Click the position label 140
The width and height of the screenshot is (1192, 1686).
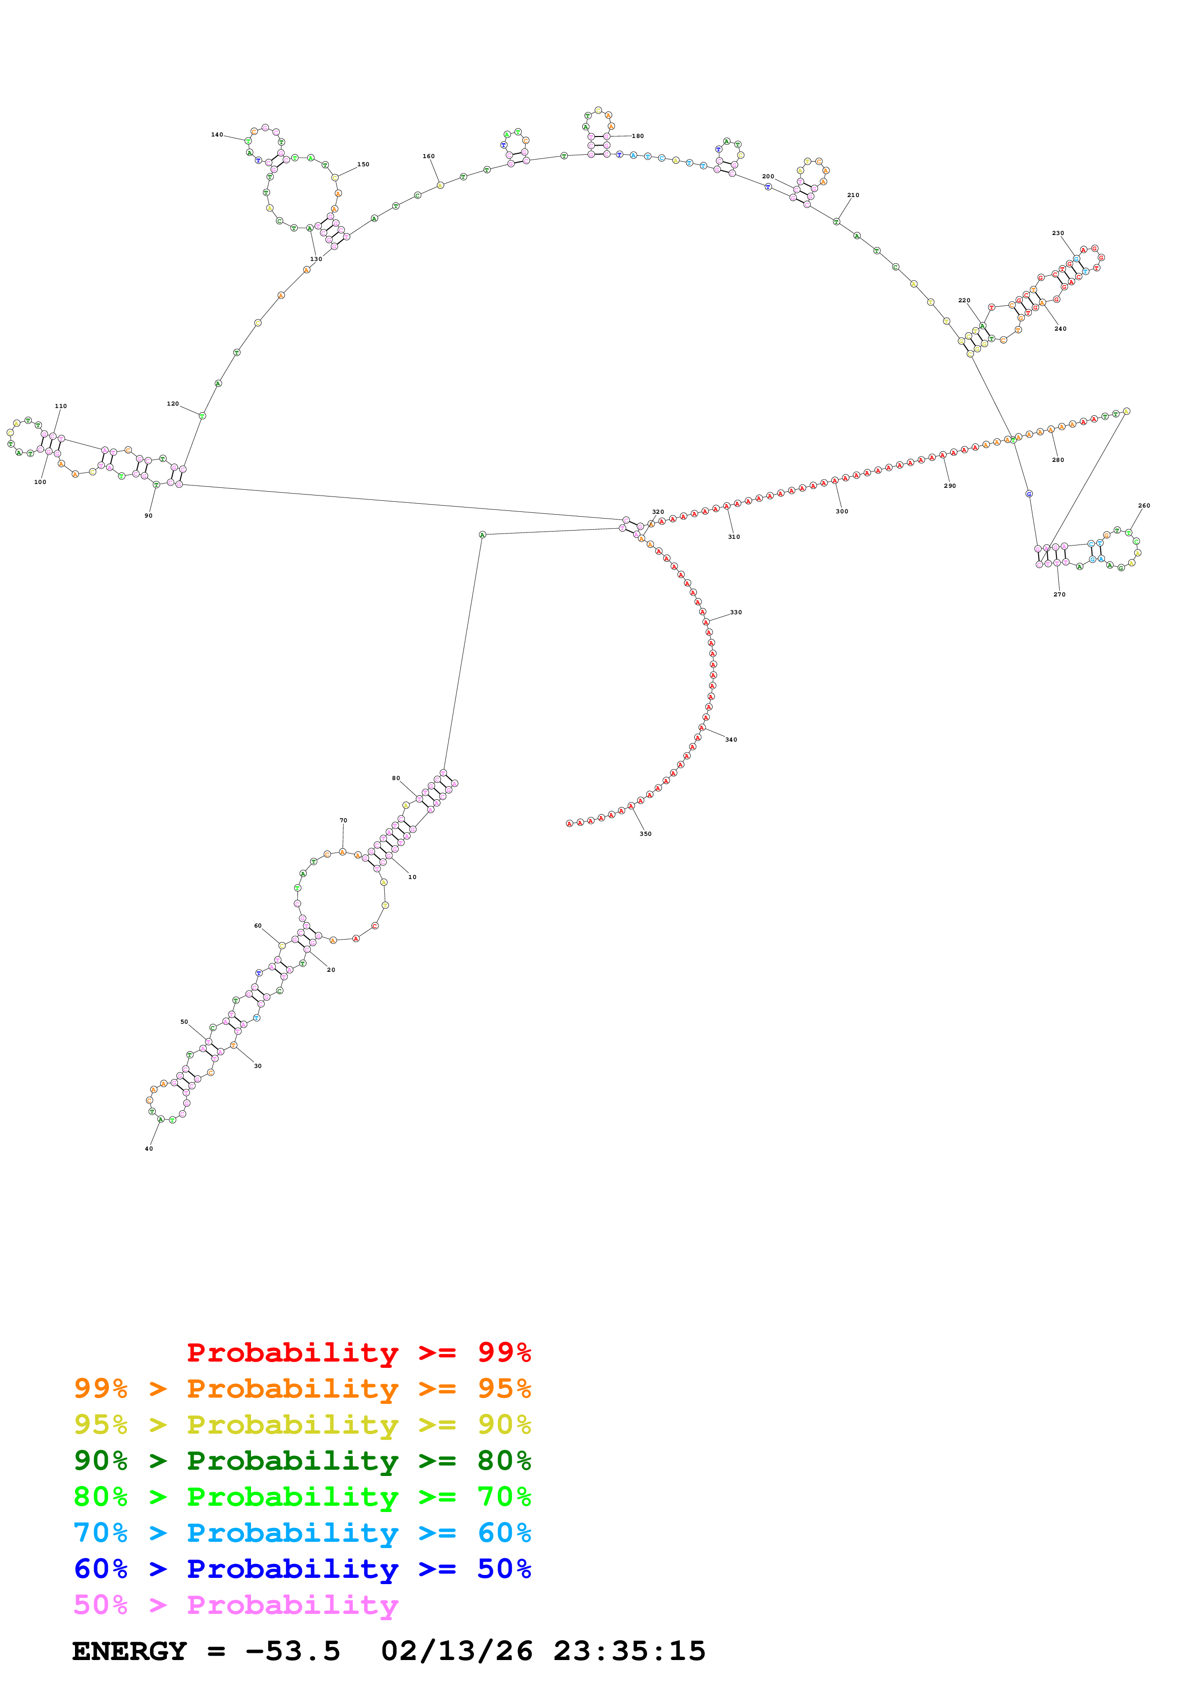(217, 135)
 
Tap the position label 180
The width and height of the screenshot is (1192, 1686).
(638, 136)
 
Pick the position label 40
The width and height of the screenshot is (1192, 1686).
(149, 1149)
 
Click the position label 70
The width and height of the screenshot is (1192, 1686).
(343, 821)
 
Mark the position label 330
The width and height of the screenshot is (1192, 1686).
(735, 612)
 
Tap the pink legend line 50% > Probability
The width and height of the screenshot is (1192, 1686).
(236, 1605)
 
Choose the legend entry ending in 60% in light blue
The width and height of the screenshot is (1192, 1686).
(302, 1533)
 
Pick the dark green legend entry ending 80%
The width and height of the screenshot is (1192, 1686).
(302, 1461)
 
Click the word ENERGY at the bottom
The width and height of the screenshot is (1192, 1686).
(129, 1651)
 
